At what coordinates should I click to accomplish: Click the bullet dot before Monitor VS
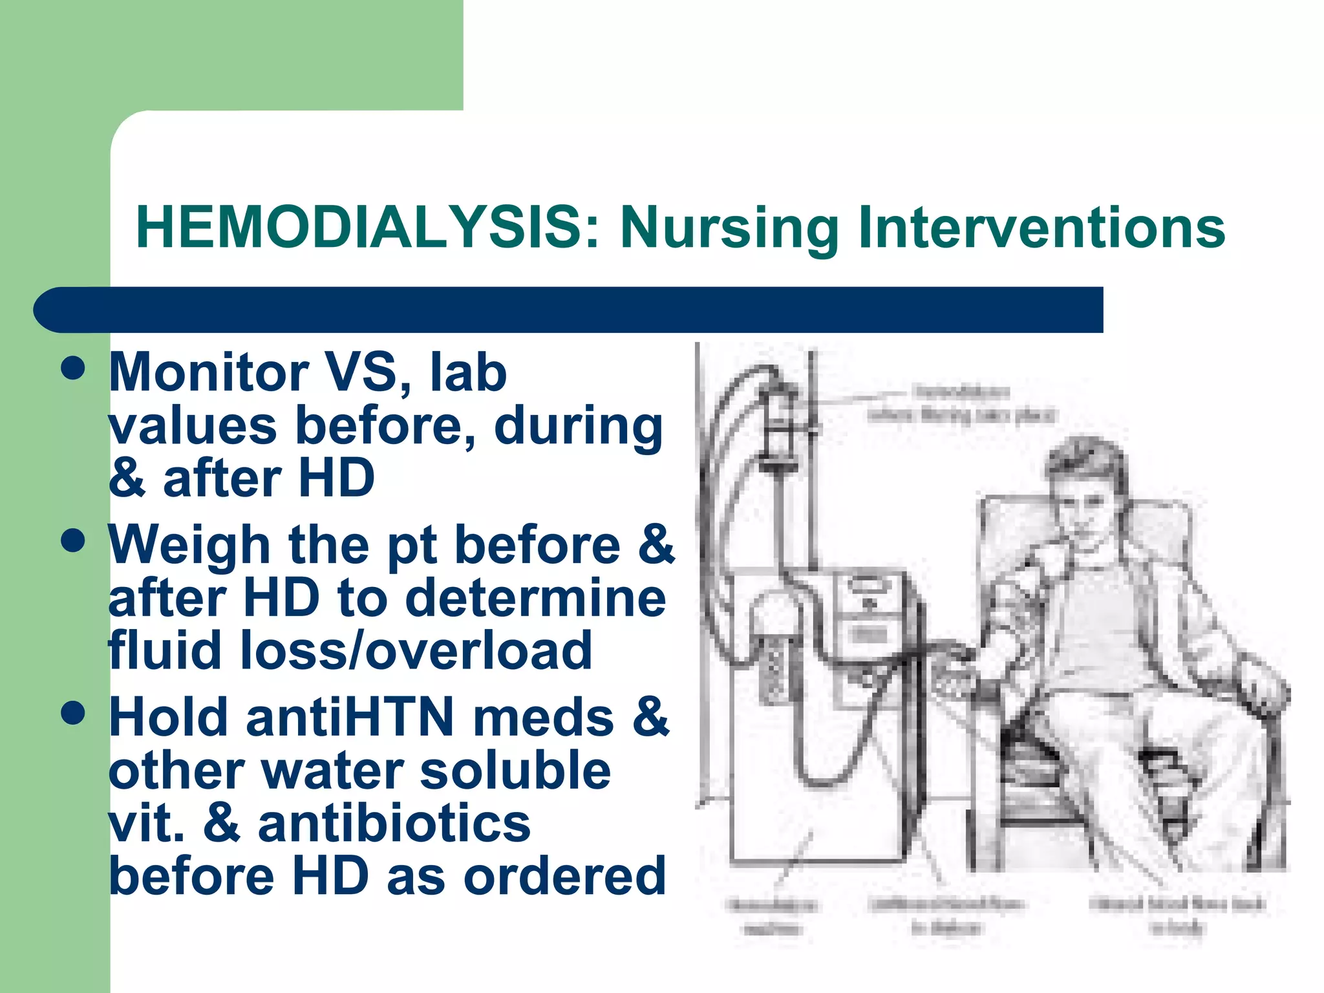pyautogui.click(x=73, y=368)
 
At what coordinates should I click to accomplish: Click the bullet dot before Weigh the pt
pyautogui.click(x=73, y=540)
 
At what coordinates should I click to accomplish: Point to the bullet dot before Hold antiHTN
pyautogui.click(x=73, y=713)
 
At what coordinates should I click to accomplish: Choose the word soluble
pyautogui.click(x=515, y=771)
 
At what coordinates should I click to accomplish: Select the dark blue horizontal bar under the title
pyautogui.click(x=569, y=310)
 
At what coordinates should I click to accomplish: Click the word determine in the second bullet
pyautogui.click(x=535, y=598)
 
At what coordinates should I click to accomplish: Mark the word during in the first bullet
pyautogui.click(x=578, y=426)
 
